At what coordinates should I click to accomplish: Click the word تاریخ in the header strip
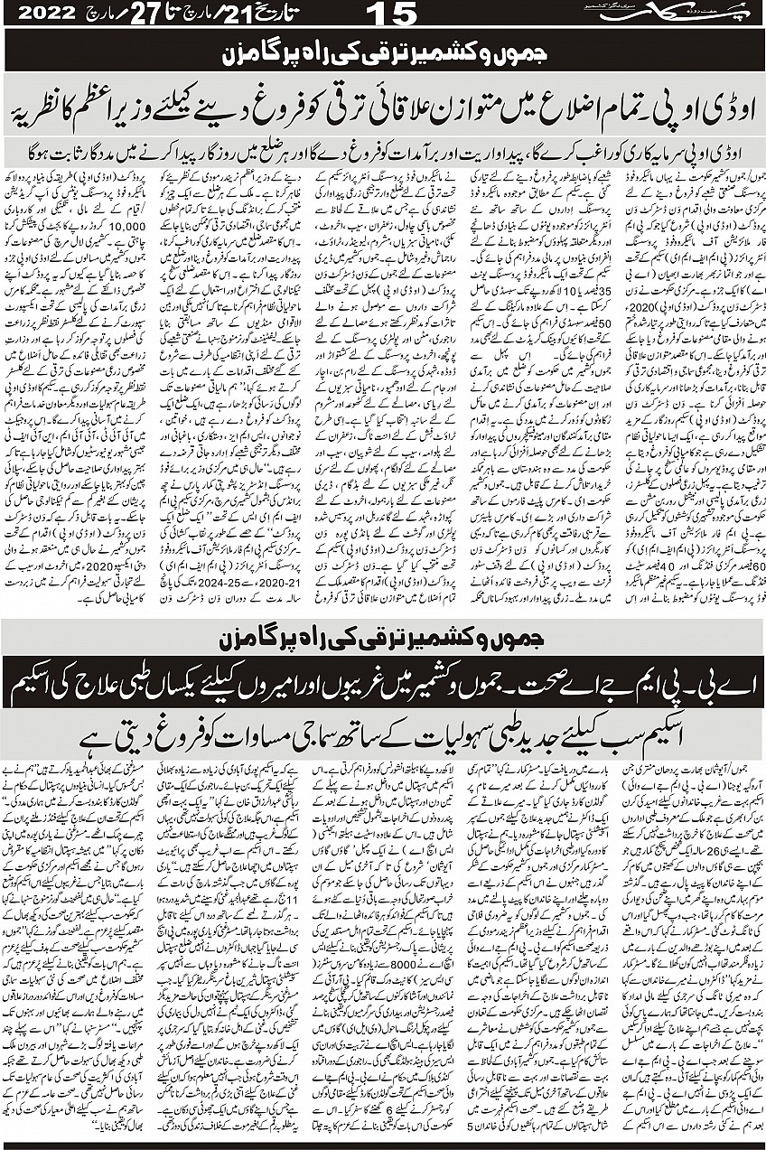(280, 15)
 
